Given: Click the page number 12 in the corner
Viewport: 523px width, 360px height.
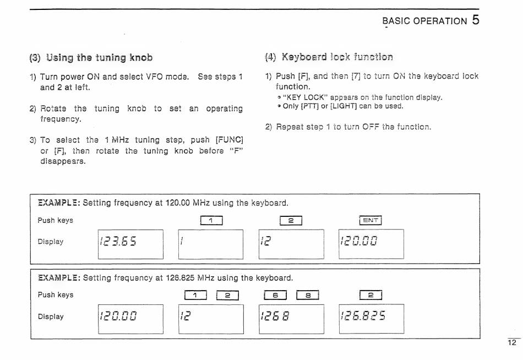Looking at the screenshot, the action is (511, 342).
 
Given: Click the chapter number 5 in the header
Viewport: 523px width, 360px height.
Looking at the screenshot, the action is (475, 20).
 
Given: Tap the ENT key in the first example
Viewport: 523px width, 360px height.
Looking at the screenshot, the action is (371, 221).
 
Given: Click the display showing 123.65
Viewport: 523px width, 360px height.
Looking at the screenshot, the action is (130, 244).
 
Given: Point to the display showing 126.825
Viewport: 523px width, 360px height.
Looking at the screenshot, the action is (372, 319).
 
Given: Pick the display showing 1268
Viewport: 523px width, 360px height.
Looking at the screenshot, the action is (291, 319).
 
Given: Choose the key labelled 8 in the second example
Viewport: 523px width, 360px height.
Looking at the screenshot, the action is (308, 295).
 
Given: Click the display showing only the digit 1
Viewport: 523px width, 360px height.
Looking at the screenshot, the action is (211, 244).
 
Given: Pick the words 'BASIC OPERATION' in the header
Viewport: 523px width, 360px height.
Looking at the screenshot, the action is (424, 21).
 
